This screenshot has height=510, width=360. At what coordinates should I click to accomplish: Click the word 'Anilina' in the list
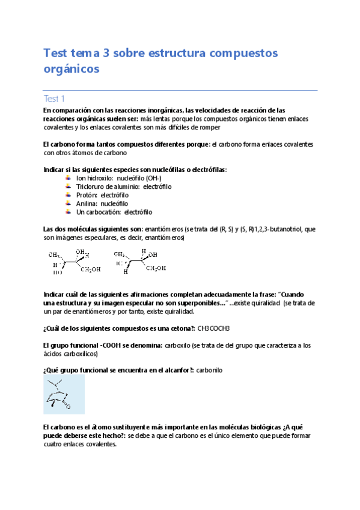(x=87, y=204)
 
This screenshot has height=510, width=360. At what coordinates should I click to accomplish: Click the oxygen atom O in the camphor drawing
(x=68, y=407)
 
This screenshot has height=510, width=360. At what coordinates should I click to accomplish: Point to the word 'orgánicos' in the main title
(x=70, y=69)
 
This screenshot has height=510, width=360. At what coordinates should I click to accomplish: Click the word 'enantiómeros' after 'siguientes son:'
(x=164, y=229)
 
